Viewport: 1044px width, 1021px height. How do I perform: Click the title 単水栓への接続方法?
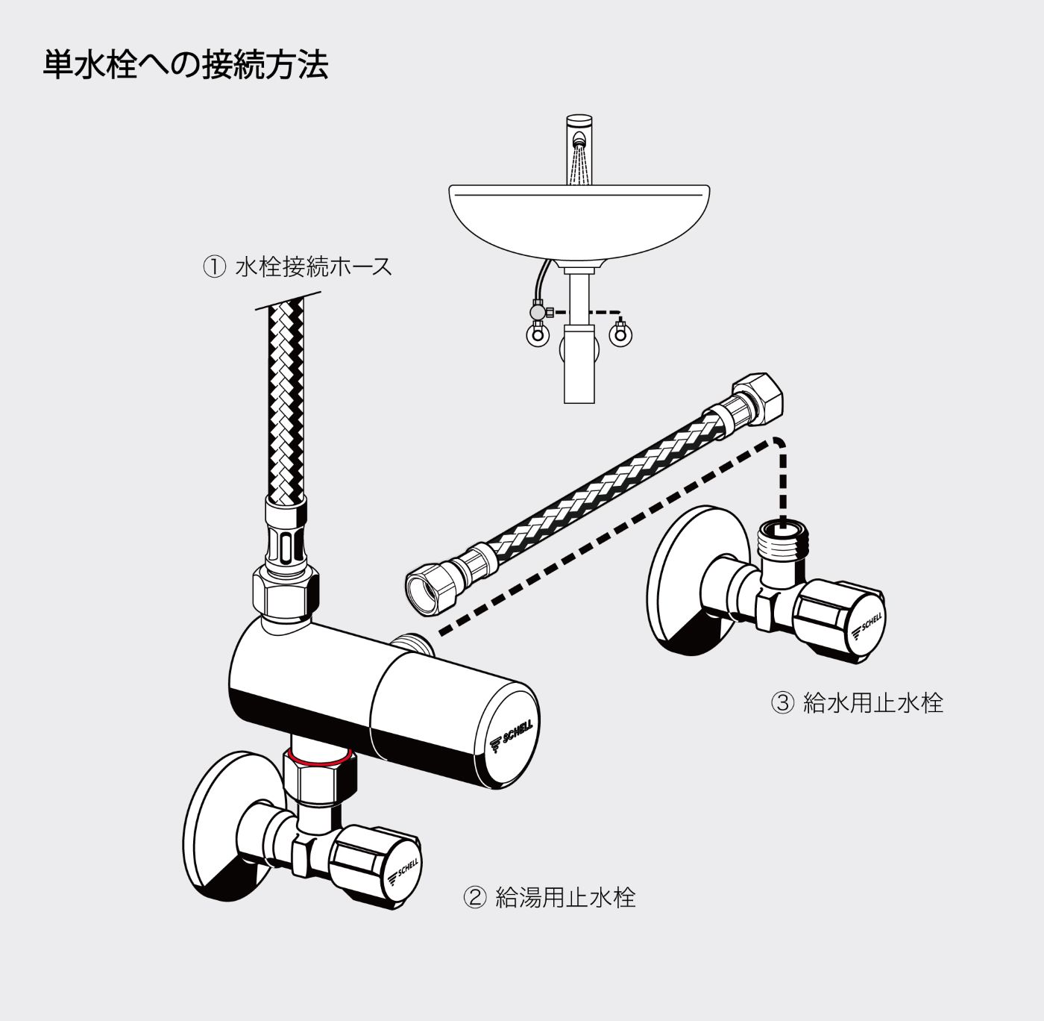click(186, 65)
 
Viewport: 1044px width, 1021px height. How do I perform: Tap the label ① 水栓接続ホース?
click(298, 266)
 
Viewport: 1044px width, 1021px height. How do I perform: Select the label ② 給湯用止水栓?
click(550, 896)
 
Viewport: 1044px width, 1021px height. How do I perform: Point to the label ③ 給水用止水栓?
click(858, 702)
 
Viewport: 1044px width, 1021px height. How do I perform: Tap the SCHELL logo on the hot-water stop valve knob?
click(405, 869)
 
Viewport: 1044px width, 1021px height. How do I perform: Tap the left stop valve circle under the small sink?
click(535, 334)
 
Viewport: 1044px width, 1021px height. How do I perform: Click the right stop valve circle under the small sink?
click(620, 335)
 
